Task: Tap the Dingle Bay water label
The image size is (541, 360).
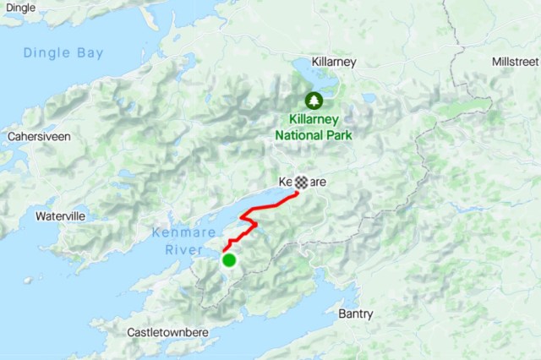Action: click(x=63, y=52)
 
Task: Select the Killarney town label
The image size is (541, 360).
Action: click(x=334, y=62)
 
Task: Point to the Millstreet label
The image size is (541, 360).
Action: click(x=515, y=62)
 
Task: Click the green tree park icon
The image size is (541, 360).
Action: click(x=314, y=101)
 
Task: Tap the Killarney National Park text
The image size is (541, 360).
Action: click(x=314, y=127)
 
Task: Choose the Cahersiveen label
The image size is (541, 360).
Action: click(x=38, y=136)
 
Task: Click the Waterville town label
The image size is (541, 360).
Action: click(x=60, y=216)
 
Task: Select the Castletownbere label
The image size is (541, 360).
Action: click(x=167, y=332)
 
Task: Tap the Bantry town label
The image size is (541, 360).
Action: click(x=355, y=314)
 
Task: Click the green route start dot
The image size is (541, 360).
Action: click(x=229, y=260)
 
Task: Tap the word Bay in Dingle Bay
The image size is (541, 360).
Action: click(x=90, y=52)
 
